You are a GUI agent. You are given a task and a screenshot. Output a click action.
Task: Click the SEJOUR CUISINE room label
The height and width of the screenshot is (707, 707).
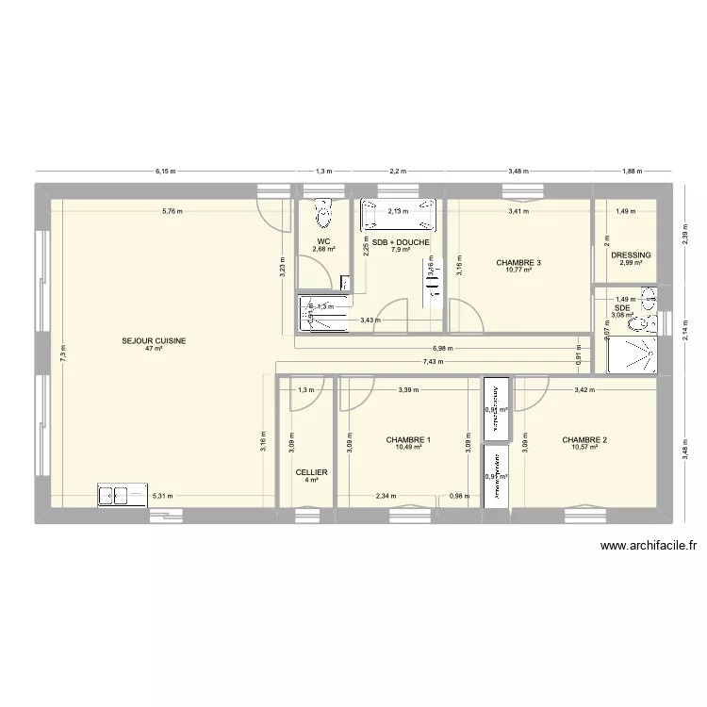pos(153,340)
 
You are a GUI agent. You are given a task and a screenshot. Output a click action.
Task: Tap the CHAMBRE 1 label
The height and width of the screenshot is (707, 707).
pos(408,440)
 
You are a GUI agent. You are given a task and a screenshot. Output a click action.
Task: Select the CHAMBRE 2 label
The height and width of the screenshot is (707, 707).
pos(584,440)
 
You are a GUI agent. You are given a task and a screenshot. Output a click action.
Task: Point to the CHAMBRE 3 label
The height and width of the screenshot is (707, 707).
pos(518,262)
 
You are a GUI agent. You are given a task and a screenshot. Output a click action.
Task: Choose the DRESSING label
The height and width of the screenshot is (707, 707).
pos(631,255)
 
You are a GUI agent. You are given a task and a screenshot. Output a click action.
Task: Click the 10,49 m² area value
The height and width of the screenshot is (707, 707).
pos(408,449)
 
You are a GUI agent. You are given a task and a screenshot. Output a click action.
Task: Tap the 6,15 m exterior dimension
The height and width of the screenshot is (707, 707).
pos(166,172)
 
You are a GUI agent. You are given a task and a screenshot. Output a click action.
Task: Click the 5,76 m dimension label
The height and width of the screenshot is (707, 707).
pos(171,211)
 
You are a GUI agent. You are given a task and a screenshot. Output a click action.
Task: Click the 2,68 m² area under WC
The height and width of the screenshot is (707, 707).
pos(324,250)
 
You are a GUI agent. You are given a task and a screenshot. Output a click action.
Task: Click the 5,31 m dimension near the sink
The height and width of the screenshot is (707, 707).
pos(163,495)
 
